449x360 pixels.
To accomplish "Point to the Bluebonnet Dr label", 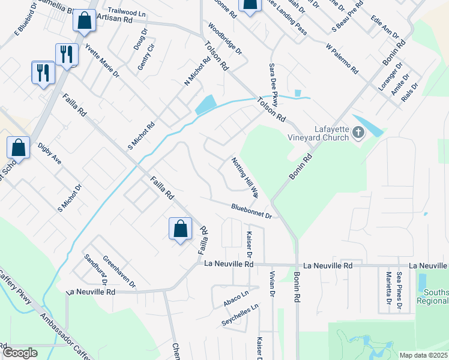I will coord(252,211).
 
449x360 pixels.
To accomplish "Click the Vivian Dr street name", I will coord(271,284).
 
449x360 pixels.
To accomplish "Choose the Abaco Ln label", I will coord(236,299).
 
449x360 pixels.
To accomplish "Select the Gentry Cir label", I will coord(142,58).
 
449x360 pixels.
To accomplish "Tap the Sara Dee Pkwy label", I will coord(274,85).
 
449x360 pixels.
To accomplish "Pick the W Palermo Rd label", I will coord(342,58).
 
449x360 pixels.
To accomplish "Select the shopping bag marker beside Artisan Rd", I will coord(85,20).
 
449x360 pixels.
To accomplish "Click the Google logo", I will coord(20,352).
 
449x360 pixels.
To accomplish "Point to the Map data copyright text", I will coord(424,355).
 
